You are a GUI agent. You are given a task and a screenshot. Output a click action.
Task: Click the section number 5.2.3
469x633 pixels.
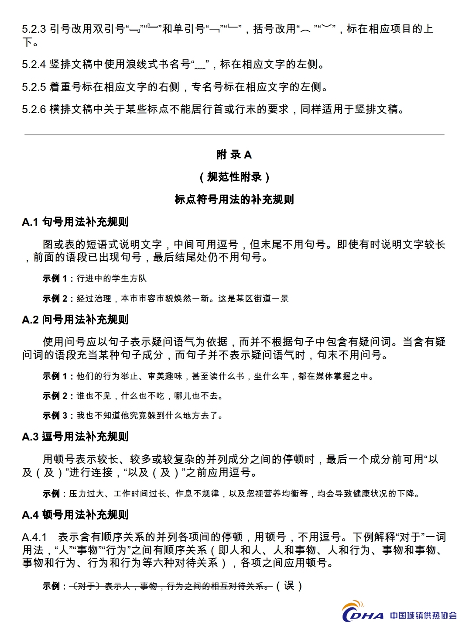tap(34, 29)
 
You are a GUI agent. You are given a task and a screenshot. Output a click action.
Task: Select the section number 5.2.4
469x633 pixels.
tap(34, 65)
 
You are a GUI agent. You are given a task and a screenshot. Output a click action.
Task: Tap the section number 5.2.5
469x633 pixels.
tap(34, 87)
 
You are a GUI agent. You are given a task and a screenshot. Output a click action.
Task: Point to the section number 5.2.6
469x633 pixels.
tap(34, 109)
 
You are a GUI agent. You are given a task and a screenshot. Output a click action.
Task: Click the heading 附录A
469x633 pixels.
tap(234, 155)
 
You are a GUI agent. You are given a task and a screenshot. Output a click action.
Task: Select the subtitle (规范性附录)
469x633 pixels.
tap(234, 177)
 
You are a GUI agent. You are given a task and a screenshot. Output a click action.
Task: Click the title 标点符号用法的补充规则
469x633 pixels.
tap(234, 200)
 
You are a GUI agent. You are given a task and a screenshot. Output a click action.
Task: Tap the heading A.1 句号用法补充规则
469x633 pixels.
tap(75, 222)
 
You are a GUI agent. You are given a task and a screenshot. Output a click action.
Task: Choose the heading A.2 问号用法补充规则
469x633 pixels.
tap(75, 320)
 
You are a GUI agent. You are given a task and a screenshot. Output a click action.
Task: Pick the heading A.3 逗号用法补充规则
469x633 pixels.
tap(75, 437)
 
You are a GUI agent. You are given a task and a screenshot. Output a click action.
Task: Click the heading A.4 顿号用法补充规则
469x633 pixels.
tap(75, 515)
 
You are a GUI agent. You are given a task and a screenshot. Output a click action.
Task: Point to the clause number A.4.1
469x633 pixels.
tap(34, 537)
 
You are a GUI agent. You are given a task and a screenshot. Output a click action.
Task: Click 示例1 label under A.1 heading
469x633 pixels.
tap(55, 279)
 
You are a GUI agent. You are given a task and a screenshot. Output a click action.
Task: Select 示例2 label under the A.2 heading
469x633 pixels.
tap(55, 396)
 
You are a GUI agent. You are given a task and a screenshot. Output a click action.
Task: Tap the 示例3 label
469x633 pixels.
tap(55, 416)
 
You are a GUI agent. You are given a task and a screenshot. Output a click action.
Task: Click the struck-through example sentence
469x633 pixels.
tap(171, 586)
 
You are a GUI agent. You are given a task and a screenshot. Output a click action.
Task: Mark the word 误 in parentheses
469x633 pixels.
tap(289, 586)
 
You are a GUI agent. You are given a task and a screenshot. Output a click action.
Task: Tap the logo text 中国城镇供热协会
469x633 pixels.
tap(423, 616)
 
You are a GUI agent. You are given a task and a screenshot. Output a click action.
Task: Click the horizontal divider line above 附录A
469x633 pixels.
tap(234, 134)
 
